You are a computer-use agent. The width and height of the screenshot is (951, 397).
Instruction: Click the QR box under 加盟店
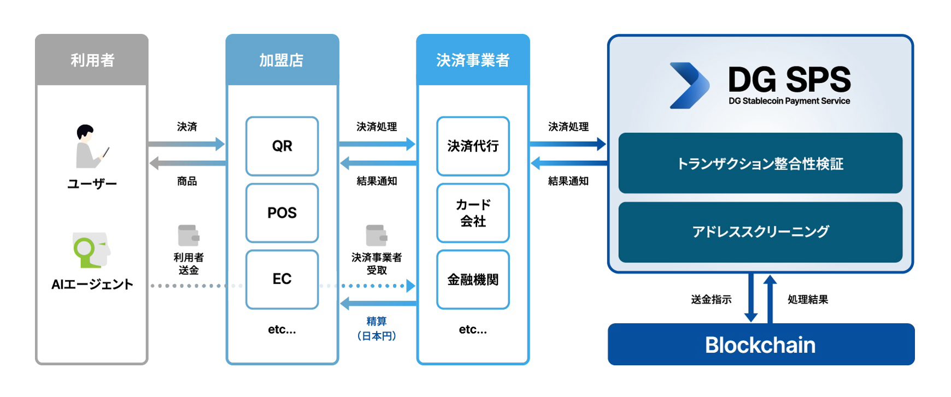[x=282, y=146]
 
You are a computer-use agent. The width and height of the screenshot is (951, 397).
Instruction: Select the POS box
[x=282, y=213]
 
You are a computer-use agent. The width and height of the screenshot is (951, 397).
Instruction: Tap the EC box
[x=282, y=279]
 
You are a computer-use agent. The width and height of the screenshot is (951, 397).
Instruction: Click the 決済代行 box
[x=473, y=146]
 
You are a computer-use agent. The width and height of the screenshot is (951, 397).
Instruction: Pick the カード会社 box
[x=473, y=213]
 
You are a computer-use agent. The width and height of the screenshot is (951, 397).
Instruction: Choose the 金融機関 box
[x=473, y=279]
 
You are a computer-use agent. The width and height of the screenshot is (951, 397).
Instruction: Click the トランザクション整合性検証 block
[x=760, y=163]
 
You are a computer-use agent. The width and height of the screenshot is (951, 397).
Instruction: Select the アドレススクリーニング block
[x=760, y=232]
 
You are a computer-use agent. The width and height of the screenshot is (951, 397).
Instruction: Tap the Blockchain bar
[x=761, y=345]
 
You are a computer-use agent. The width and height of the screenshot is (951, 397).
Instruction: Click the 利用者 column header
[x=92, y=60]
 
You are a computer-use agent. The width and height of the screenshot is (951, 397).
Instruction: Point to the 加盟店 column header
[x=282, y=60]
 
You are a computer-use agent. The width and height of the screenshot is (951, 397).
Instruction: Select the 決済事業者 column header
[x=473, y=60]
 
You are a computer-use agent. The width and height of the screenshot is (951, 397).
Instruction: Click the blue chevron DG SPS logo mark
[x=690, y=85]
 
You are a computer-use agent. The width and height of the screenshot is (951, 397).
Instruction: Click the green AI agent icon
[x=91, y=250]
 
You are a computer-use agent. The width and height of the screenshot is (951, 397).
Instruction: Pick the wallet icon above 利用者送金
[x=189, y=236]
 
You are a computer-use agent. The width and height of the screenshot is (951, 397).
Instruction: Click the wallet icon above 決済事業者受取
[x=377, y=236]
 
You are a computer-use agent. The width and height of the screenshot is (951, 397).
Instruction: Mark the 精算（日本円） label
[x=377, y=329]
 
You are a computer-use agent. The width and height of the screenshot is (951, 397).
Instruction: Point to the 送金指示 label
[x=711, y=299]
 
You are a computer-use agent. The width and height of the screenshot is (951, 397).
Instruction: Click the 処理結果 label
[x=808, y=299]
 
